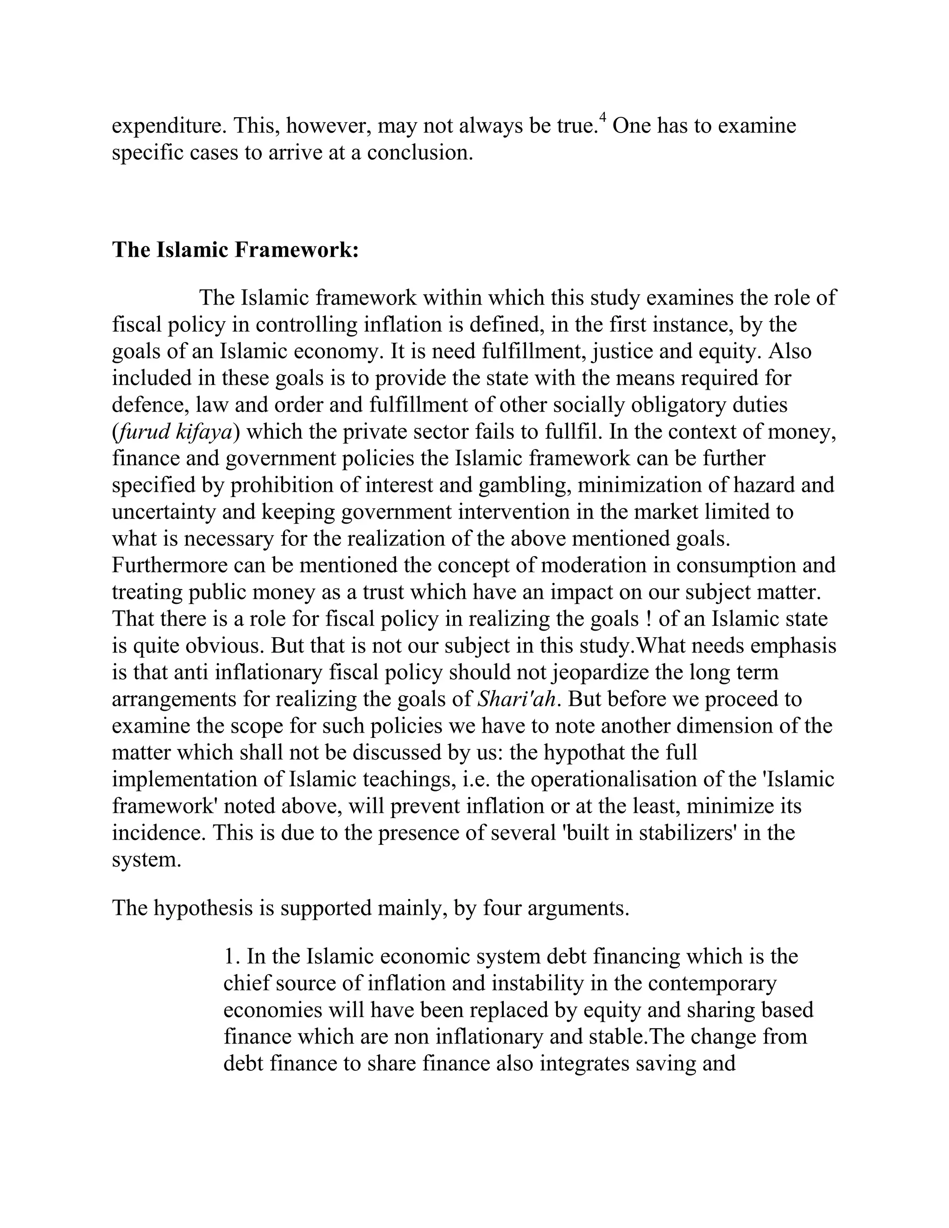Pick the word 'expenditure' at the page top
pyautogui.click(x=169, y=126)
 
